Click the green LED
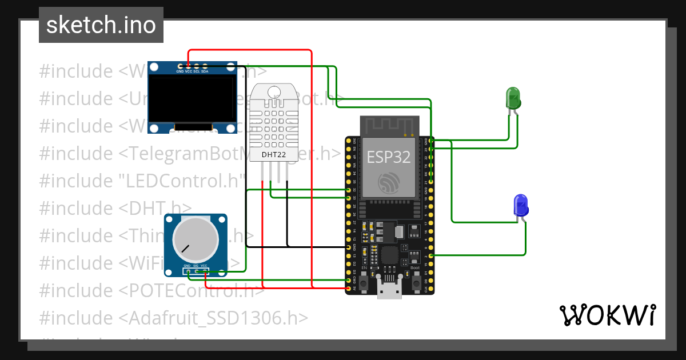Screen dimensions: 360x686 pyautogui.click(x=513, y=98)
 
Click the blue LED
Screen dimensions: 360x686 pyautogui.click(x=521, y=205)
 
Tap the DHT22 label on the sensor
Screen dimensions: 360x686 pyautogui.click(x=273, y=154)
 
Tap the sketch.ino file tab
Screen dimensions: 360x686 pyautogui.click(x=101, y=25)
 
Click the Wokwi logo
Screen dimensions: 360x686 pyautogui.click(x=607, y=315)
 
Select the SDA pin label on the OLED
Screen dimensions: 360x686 pyautogui.click(x=205, y=71)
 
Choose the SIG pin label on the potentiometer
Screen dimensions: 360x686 pyautogui.click(x=196, y=266)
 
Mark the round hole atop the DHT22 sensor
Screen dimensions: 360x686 pyautogui.click(x=274, y=91)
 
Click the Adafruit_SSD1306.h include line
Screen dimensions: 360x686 pyautogui.click(x=174, y=318)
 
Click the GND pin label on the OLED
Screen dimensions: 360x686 pyautogui.click(x=180, y=71)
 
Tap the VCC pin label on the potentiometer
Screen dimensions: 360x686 pyautogui.click(x=204, y=266)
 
